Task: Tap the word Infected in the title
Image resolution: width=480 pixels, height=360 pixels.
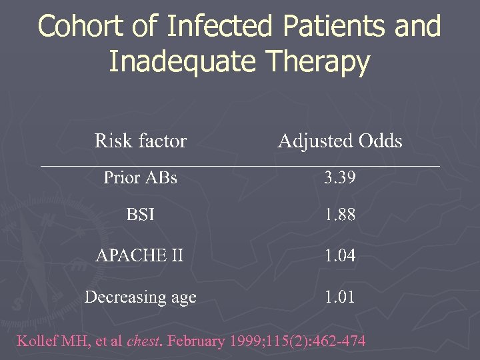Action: click(x=219, y=27)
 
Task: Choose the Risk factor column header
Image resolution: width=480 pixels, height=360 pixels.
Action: click(x=140, y=141)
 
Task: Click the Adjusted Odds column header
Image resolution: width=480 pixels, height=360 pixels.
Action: click(x=340, y=141)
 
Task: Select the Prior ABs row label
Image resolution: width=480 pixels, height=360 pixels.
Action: click(x=140, y=178)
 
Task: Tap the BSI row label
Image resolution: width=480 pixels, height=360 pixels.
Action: click(x=141, y=215)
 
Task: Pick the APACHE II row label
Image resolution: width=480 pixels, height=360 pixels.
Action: click(x=140, y=255)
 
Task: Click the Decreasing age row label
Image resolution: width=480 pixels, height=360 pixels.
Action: click(x=140, y=297)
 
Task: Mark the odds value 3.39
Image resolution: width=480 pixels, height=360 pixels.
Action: click(x=340, y=178)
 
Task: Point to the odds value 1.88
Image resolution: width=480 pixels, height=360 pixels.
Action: click(x=340, y=215)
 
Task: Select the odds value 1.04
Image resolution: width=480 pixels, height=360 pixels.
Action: click(x=340, y=255)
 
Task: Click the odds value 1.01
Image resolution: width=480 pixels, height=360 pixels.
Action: click(x=340, y=297)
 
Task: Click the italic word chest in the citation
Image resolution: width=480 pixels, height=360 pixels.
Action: click(x=145, y=341)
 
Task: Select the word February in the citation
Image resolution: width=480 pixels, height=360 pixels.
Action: click(x=196, y=341)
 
